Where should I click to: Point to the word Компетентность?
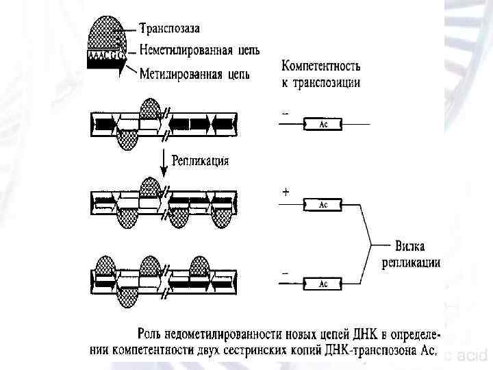tap(321, 67)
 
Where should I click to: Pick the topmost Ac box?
tap(324, 124)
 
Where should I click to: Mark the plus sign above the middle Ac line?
tap(285, 193)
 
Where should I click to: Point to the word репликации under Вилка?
tap(411, 262)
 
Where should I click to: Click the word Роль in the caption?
tap(151, 334)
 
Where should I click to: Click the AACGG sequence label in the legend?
tap(104, 53)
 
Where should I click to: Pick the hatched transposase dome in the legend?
tap(106, 31)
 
